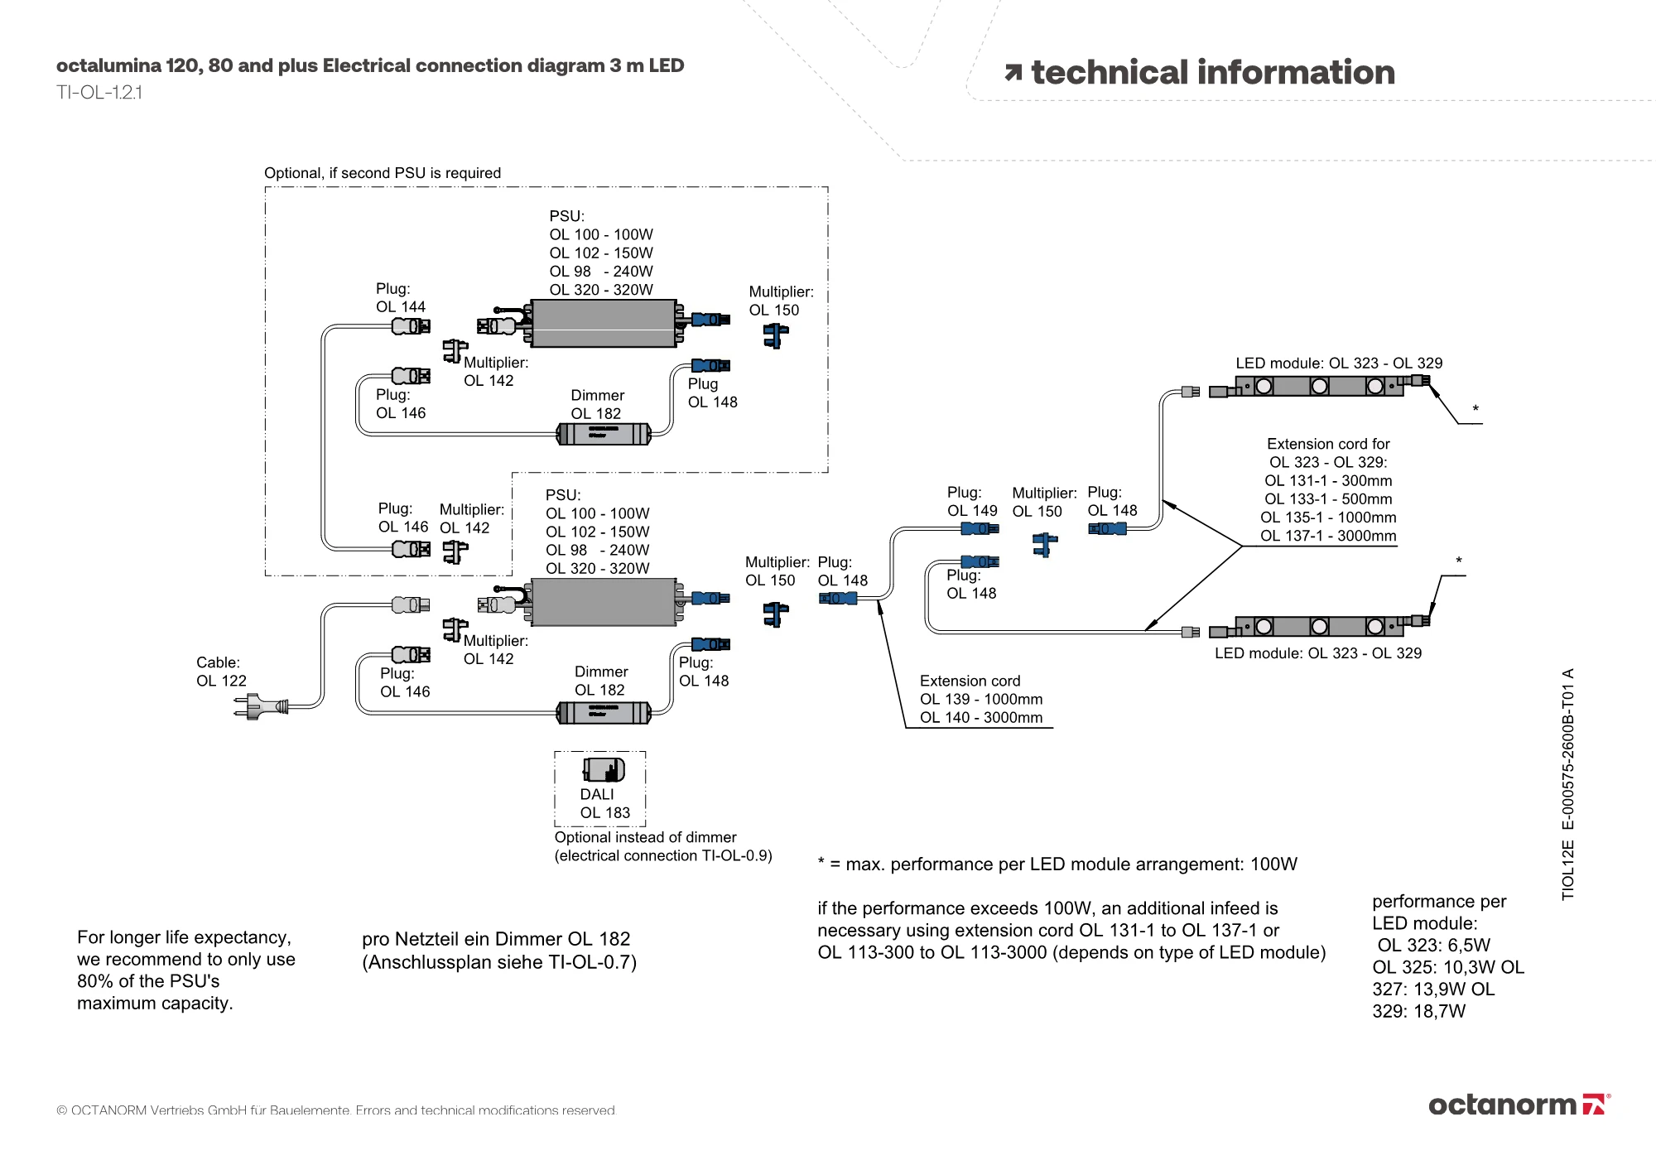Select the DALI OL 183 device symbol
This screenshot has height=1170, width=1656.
pos(604,770)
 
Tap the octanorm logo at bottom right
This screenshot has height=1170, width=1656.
pos(1519,1105)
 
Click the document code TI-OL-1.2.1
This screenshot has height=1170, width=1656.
pos(99,93)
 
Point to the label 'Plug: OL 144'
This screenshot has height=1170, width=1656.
pos(401,298)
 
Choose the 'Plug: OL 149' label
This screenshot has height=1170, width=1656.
pos(972,502)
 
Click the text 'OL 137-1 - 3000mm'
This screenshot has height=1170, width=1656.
pos(1328,536)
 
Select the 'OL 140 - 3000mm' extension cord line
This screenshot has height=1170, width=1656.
pos(981,718)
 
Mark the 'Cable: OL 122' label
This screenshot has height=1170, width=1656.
pos(221,672)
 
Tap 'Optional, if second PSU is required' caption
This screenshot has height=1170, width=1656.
pos(383,173)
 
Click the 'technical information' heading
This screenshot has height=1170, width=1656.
pos(1212,73)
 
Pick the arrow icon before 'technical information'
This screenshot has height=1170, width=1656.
pos(1013,73)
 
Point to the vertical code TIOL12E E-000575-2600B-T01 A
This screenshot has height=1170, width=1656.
pos(1567,784)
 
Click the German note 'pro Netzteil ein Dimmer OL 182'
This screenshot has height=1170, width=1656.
pos(496,939)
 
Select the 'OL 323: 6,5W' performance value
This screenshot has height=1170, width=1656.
pos(1434,946)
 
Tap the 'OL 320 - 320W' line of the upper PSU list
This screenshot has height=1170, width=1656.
pos(601,290)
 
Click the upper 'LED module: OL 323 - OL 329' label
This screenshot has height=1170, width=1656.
pos(1339,364)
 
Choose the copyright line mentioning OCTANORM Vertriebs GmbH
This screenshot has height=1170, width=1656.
pos(336,1110)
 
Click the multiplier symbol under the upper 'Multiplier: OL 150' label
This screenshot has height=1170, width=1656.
pos(776,335)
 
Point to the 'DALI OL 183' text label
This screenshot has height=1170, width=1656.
pos(604,804)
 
